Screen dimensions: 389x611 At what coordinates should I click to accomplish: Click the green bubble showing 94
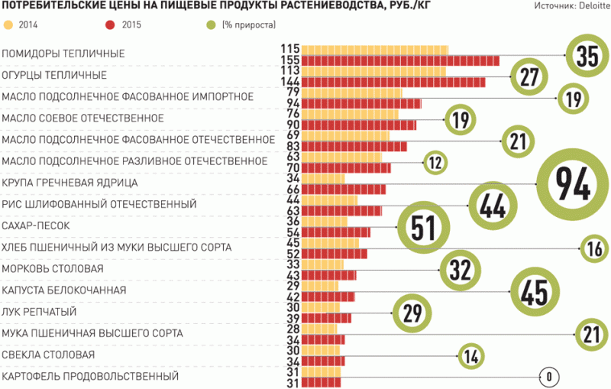pos(572,183)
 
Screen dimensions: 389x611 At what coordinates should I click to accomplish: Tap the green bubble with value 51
pos(422,227)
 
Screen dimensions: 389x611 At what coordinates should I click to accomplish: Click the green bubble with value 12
pos(435,162)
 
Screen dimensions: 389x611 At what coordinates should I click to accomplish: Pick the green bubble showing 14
pos(470,355)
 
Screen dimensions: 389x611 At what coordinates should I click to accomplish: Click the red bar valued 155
pos(400,60)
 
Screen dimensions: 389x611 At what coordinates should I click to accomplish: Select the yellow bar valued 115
pos(375,50)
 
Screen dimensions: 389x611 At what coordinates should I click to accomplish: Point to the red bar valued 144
pos(393,82)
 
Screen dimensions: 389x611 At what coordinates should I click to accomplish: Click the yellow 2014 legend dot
pos(8,24)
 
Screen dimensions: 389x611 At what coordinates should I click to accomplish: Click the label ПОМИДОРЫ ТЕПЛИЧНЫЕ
pos(63,54)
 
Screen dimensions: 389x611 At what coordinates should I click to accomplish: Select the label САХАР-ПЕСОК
pos(36,226)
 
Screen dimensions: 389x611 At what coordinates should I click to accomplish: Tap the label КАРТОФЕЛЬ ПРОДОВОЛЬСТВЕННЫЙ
pos(90,376)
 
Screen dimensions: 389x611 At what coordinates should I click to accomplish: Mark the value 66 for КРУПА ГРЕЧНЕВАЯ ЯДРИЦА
pos(292,190)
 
